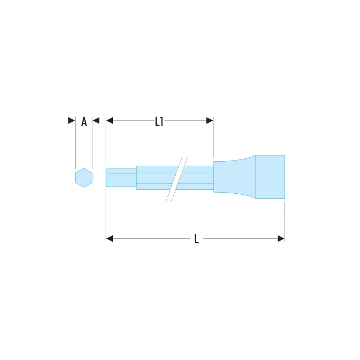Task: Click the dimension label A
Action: (84, 121)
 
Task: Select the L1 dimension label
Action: (159, 121)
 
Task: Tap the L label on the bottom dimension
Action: (196, 239)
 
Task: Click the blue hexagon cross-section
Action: (84, 178)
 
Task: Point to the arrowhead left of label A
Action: (72, 121)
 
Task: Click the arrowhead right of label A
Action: (96, 121)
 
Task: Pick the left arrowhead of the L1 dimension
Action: (109, 121)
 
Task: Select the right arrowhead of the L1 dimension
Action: (210, 121)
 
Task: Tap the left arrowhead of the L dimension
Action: (109, 239)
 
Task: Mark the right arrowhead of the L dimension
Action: (281, 239)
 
